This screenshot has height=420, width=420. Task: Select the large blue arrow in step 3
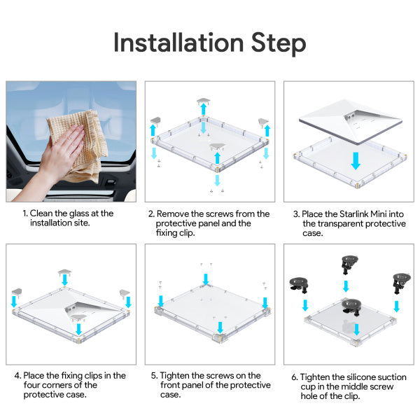pos(356,161)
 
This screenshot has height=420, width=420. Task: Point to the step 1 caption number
pos(24,213)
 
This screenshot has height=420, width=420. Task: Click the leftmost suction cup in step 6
pos(299,284)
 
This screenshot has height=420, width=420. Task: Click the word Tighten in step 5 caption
pos(176,376)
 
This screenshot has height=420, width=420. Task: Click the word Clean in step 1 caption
pos(43,213)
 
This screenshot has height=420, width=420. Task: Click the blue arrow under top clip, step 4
pos(65,279)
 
